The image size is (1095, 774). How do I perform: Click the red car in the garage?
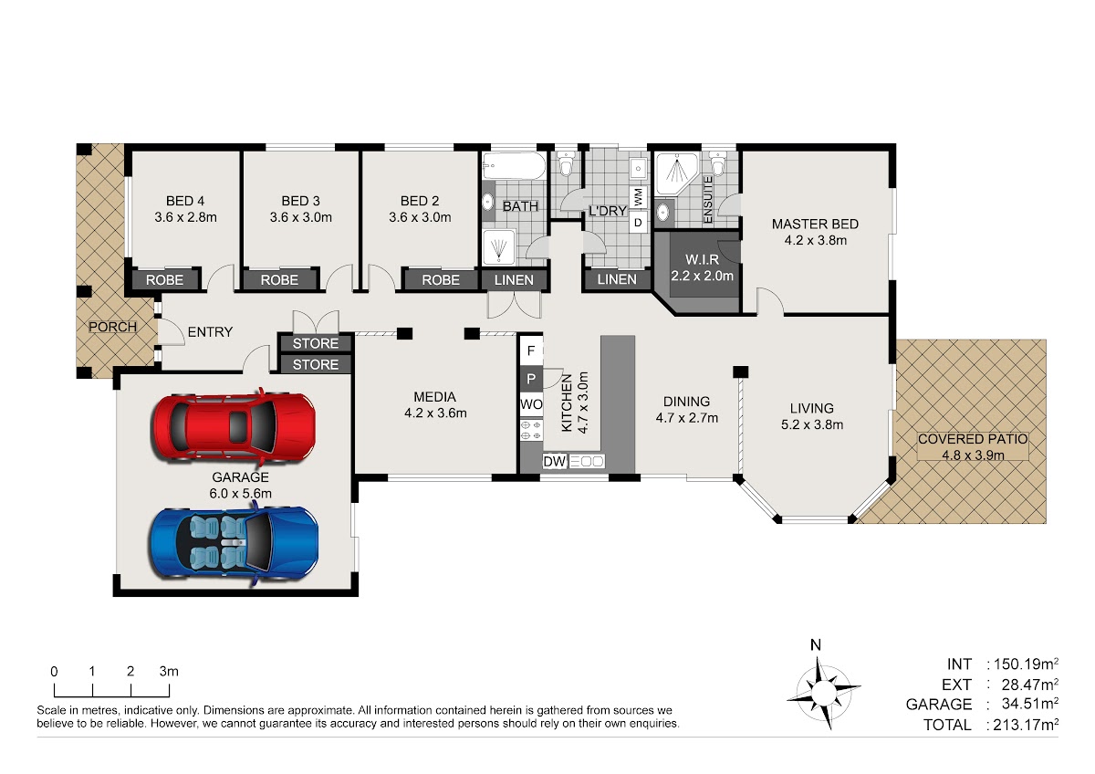point(234,428)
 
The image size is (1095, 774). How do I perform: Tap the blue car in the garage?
point(234,545)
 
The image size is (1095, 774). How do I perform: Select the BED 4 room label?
point(185,201)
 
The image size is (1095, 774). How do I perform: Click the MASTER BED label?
point(815,224)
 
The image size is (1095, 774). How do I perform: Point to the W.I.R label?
point(702,259)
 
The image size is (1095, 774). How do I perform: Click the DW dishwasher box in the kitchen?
point(555,461)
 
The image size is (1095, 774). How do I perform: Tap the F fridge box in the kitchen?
point(531,350)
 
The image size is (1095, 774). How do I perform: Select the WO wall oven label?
point(531,404)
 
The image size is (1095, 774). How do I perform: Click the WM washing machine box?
point(638,197)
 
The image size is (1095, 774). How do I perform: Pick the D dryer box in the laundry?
point(638,223)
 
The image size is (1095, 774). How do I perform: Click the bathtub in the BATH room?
point(514,166)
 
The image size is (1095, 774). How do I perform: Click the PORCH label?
point(112,327)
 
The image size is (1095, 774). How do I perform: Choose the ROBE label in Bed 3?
point(279,280)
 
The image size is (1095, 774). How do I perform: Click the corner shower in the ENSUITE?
point(676,173)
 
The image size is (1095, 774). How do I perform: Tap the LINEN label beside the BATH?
point(514,280)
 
